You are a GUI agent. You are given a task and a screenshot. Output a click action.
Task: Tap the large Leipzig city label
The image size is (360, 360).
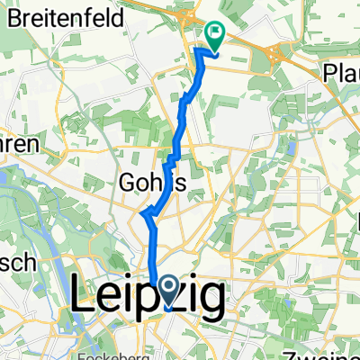pyautogui.click(x=147, y=298)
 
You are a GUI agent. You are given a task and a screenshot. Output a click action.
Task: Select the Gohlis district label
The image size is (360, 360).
pyautogui.click(x=152, y=184)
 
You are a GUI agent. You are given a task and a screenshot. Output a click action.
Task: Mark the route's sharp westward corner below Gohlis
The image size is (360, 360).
pyautogui.click(x=142, y=212)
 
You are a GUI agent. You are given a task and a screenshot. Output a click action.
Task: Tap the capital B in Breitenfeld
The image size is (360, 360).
pyautogui.click(x=14, y=15)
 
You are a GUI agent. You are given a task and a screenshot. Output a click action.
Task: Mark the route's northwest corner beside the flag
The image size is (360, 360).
pyautogui.click(x=197, y=49)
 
